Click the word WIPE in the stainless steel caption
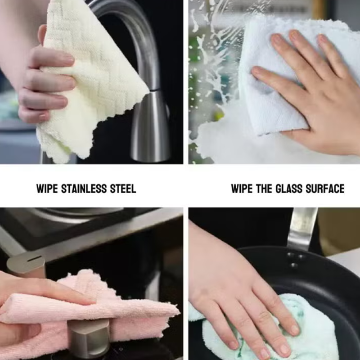pyautogui.click(x=47, y=189)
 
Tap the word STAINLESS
pyautogui.click(x=84, y=189)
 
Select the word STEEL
pyautogui.click(x=123, y=189)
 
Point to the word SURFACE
pyautogui.click(x=325, y=189)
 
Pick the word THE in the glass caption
pyautogui.click(x=264, y=189)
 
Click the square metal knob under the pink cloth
pyautogui.click(x=90, y=339)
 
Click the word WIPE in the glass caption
pyautogui.click(x=242, y=189)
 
